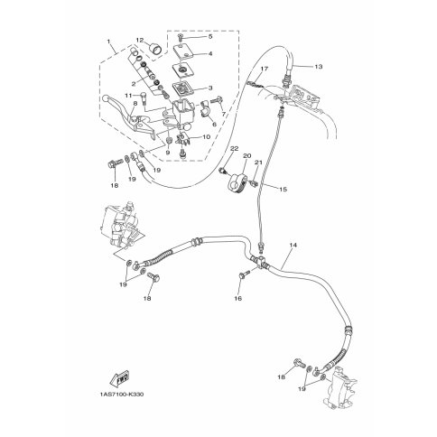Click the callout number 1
108,41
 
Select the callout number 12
140,40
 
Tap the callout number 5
210,36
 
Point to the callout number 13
318,66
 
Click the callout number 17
264,69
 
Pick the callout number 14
293,246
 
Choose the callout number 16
237,298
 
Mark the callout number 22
234,148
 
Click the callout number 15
284,190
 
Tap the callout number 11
129,96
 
